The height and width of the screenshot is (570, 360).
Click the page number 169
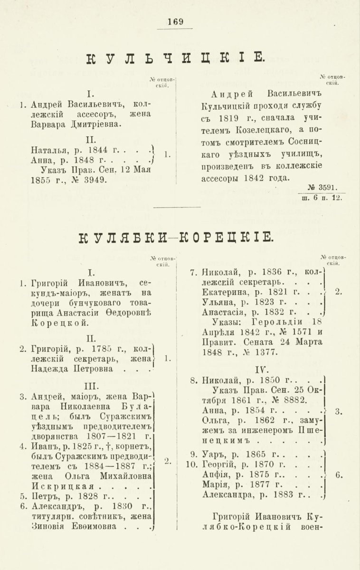(x=176, y=21)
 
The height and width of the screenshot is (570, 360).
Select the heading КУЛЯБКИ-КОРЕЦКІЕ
(x=175, y=236)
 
